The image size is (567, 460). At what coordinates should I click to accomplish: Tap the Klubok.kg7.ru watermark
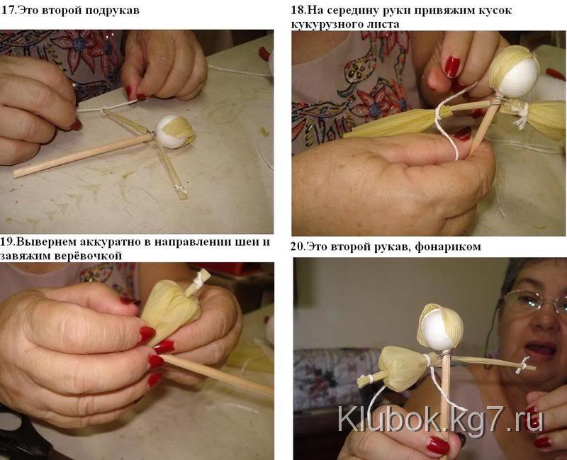440,419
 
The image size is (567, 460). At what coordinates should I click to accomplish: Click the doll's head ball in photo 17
175,131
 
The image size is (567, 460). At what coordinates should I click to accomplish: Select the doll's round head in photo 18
515,73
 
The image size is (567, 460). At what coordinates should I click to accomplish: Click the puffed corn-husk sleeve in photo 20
403,367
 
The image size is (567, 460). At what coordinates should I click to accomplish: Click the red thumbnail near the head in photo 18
451,67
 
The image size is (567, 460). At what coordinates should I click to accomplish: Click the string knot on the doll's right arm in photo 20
521,366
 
